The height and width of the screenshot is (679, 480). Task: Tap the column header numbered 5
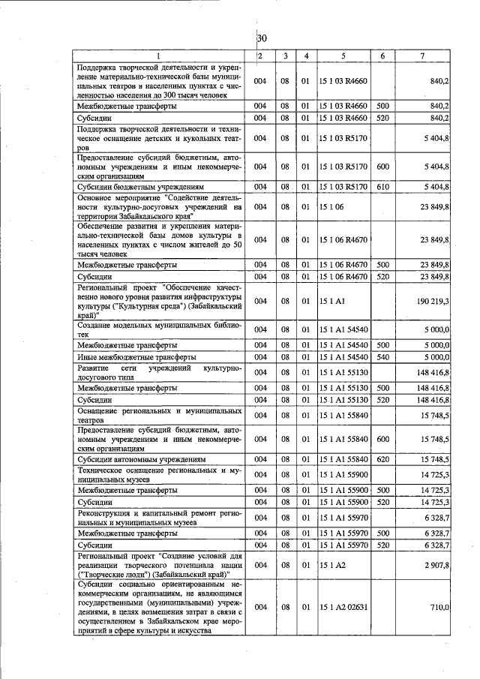click(x=343, y=56)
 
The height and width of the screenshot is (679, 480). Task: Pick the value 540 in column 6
click(x=382, y=357)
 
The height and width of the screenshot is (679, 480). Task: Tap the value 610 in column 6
click(x=382, y=186)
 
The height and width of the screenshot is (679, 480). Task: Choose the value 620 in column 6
click(x=382, y=459)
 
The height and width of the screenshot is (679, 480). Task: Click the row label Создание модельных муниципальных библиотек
click(x=158, y=329)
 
